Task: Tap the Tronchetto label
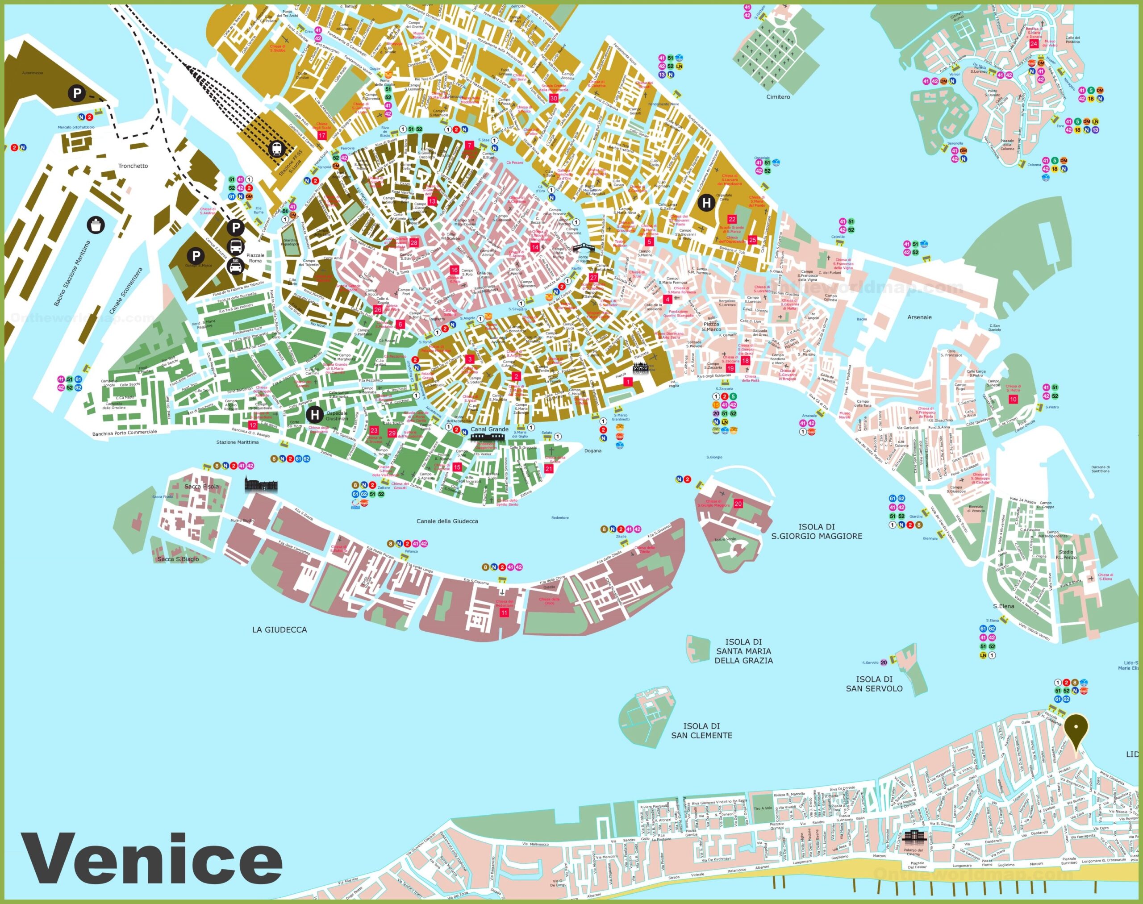133,166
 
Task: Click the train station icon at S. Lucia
276,149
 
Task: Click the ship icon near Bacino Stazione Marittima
96,225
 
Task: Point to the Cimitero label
778,97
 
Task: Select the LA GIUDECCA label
279,629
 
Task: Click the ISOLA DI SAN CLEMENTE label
701,730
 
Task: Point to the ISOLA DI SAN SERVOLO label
874,683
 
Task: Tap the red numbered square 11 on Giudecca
504,612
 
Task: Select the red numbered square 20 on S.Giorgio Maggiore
738,504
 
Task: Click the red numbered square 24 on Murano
1034,44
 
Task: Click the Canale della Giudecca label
447,521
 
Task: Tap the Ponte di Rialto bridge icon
583,248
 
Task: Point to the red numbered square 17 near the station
322,136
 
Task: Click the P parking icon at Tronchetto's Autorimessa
77,94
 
